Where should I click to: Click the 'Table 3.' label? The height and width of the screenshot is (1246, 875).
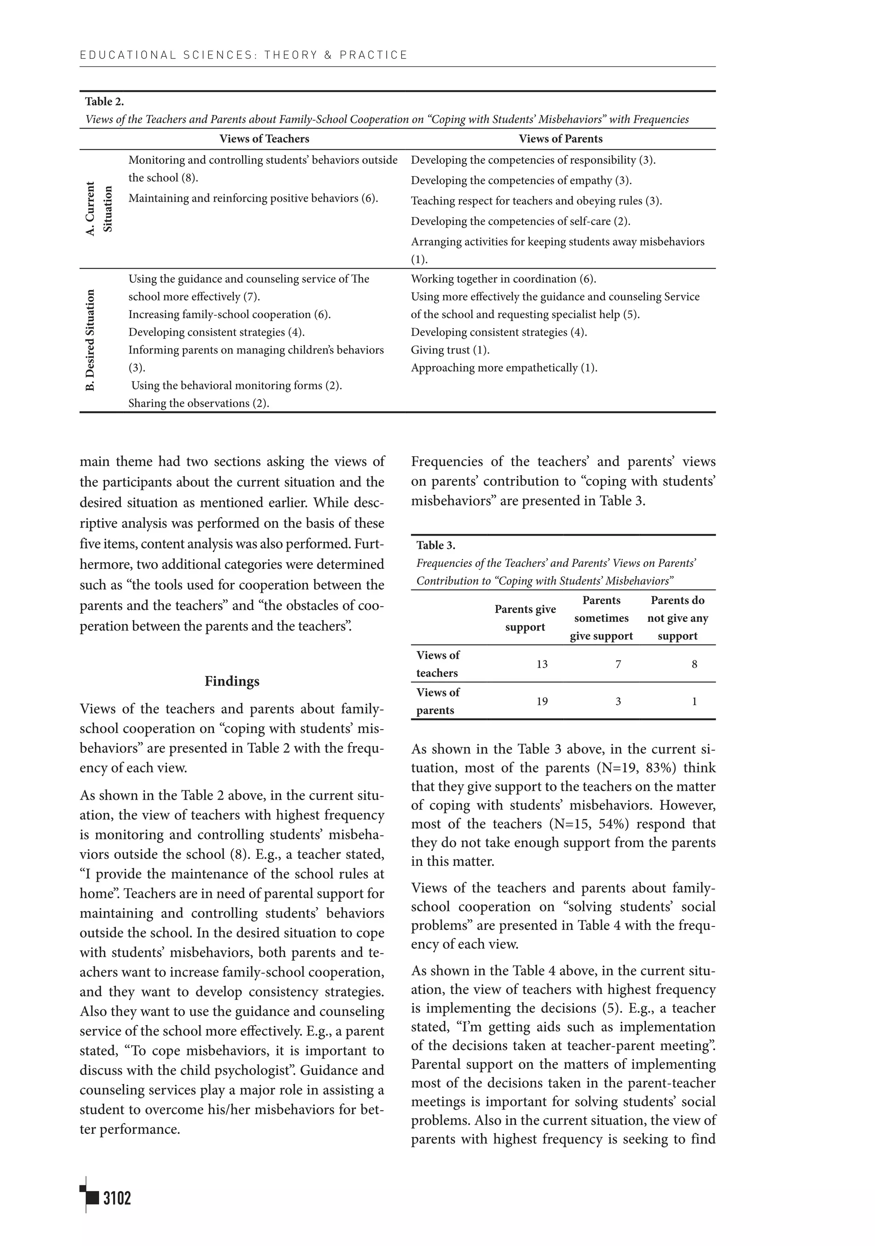[x=435, y=545]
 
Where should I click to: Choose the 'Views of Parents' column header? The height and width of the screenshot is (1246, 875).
[x=560, y=139]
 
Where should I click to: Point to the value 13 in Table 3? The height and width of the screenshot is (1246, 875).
[x=541, y=664]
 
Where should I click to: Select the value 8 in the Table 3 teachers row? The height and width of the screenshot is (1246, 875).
[x=694, y=664]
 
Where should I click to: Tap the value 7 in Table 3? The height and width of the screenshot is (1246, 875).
[x=618, y=664]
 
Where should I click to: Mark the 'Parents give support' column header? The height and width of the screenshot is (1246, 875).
[x=525, y=618]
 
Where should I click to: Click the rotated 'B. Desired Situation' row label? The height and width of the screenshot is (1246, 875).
[x=90, y=340]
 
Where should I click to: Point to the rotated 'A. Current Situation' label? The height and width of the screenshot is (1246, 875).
[x=98, y=209]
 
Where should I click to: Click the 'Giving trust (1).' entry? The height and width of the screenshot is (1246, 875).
[x=450, y=350]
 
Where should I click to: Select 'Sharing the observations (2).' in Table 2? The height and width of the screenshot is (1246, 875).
[x=199, y=403]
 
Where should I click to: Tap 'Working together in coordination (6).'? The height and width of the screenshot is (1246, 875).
[x=503, y=279]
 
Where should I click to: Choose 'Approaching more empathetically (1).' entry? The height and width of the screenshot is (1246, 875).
[x=504, y=368]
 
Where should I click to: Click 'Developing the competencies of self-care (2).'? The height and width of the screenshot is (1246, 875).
[x=520, y=221]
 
